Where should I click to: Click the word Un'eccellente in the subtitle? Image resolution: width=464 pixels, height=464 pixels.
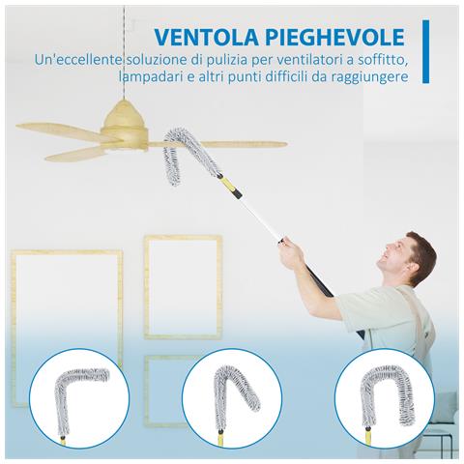(81, 60)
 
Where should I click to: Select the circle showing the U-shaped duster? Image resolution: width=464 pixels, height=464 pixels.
(382, 399)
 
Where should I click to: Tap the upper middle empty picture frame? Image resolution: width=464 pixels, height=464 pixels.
(184, 285)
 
